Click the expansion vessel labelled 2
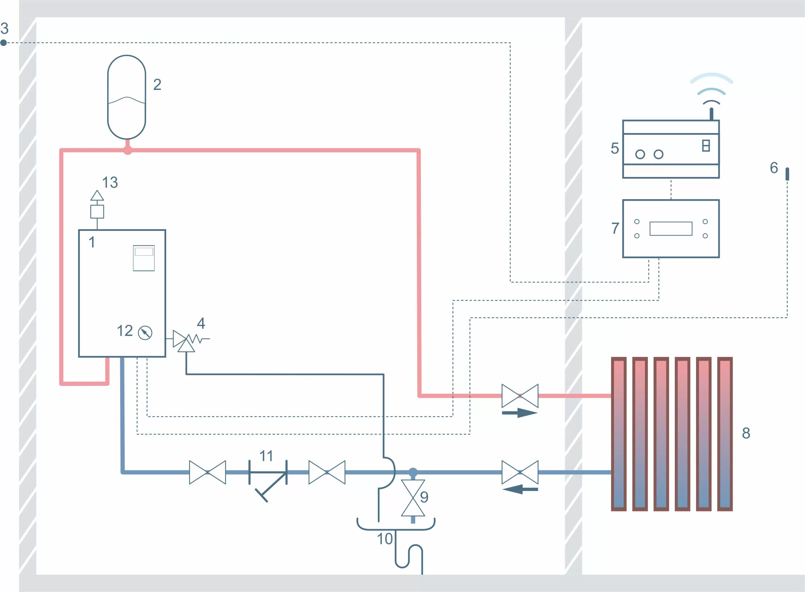coord(127,97)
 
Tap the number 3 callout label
coord(4,28)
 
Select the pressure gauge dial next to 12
coord(145,333)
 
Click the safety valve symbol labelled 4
coord(186,340)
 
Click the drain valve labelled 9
coord(413,498)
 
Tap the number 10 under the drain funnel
coord(385,539)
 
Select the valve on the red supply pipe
coord(520,396)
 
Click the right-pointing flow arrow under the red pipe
coord(520,413)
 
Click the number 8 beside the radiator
coord(746,433)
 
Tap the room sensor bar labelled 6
coord(787,174)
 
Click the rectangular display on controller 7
coord(671,229)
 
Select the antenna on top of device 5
coord(711,114)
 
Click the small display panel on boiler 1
coord(144,258)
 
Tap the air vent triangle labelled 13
coord(97,196)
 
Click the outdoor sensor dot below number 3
coord(4,43)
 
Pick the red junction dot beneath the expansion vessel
coord(127,150)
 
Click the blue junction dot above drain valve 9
coord(413,472)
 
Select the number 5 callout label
coord(615,148)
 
